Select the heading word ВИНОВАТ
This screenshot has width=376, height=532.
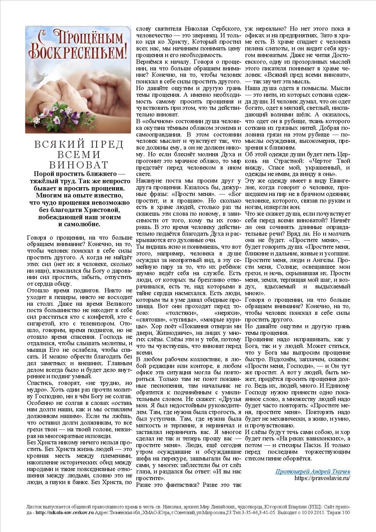pos(79,165)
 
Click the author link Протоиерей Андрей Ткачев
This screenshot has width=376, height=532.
pos(313,471)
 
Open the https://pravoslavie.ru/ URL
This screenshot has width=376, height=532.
pos(322,478)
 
